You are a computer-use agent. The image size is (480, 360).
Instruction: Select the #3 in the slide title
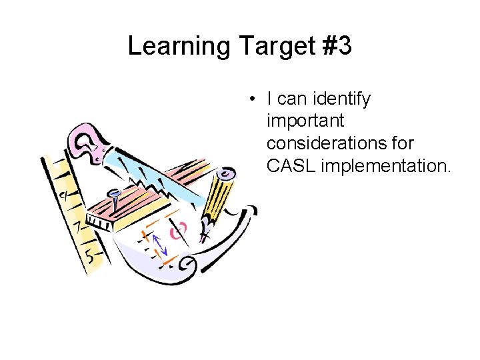click(x=337, y=47)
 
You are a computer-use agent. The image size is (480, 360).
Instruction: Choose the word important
click(x=305, y=121)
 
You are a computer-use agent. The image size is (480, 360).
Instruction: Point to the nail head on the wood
click(x=115, y=193)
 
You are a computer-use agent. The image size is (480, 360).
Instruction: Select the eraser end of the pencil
click(x=227, y=175)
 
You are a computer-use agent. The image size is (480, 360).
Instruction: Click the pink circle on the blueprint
click(x=177, y=233)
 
